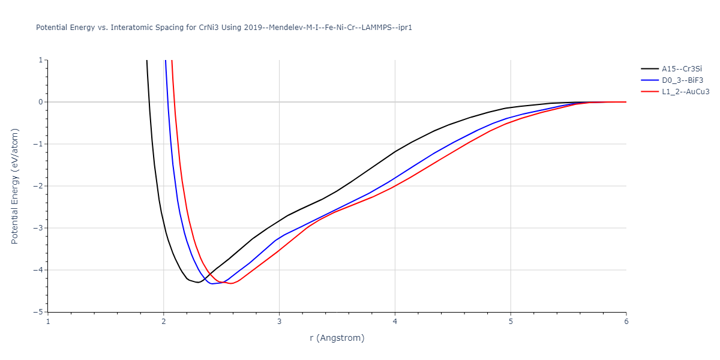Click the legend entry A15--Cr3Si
point(682,68)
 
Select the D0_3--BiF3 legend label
point(682,80)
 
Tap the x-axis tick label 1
point(48,321)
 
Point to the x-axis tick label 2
point(164,321)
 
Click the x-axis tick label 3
point(279,321)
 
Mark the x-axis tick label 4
point(395,321)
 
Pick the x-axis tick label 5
point(511,321)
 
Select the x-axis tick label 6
point(626,321)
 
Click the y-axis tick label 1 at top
point(40,60)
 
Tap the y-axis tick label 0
point(40,102)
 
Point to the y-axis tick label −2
point(38,186)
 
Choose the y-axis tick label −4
point(38,270)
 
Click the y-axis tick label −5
point(38,312)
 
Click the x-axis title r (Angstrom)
point(337,338)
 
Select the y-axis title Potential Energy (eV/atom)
point(15,186)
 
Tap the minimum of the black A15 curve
point(197,282)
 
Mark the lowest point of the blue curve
point(212,284)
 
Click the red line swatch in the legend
point(650,92)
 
